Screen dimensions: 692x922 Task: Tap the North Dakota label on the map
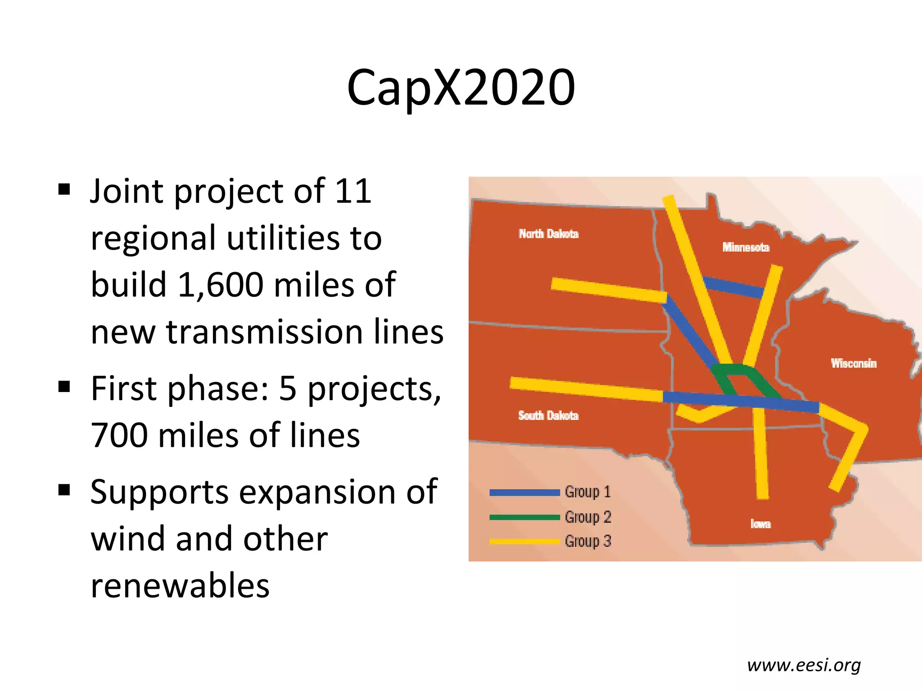[x=548, y=234]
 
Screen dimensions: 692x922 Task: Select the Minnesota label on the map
[x=746, y=247]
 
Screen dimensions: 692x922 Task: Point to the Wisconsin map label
[x=854, y=363]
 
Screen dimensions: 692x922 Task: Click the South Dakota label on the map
[x=548, y=415]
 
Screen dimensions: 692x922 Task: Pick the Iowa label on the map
[x=760, y=524]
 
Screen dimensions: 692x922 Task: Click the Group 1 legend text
[x=588, y=492]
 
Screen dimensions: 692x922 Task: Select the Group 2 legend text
[x=588, y=517]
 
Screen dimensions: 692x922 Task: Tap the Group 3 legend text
[x=588, y=541]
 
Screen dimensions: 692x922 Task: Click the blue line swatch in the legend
[x=524, y=492]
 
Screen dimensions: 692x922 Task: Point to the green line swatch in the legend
[x=524, y=517]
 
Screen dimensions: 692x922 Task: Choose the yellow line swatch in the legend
[x=524, y=541]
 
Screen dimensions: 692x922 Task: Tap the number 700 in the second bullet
[x=119, y=435]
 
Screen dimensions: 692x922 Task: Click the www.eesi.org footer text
[x=804, y=665]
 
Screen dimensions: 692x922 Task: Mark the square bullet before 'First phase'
[x=64, y=387]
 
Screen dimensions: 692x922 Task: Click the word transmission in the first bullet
[x=265, y=332]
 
